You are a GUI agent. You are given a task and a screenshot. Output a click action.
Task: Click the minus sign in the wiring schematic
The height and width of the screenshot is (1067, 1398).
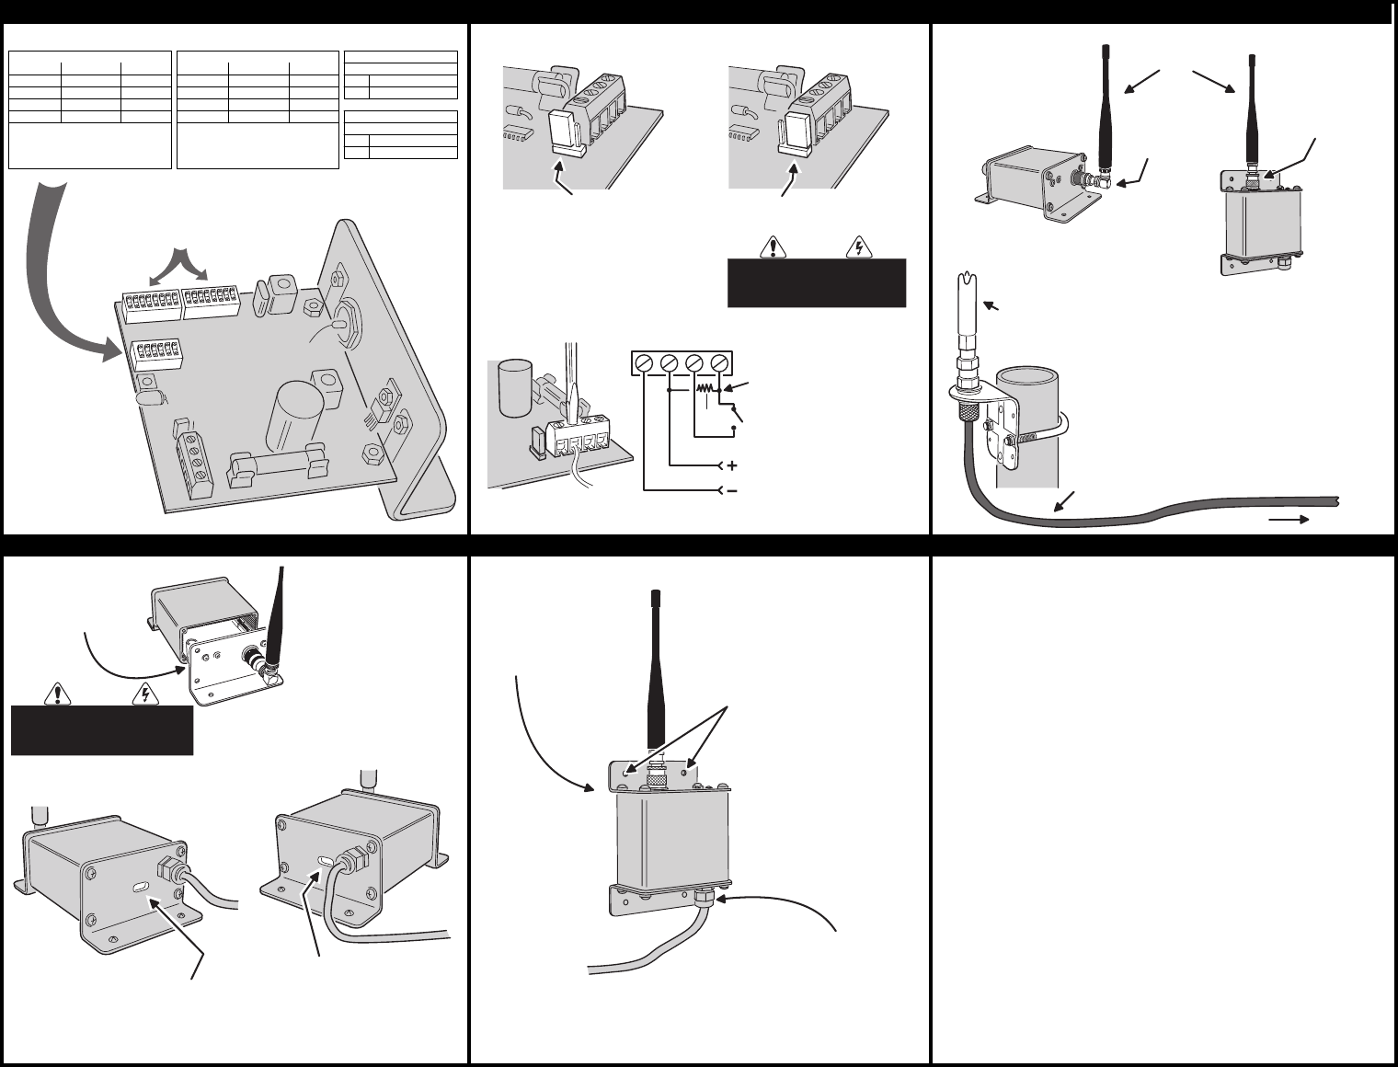732,491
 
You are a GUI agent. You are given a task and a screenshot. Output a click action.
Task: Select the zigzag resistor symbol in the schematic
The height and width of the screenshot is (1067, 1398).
706,390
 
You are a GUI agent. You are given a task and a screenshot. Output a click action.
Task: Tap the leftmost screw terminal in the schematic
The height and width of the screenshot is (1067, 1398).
646,362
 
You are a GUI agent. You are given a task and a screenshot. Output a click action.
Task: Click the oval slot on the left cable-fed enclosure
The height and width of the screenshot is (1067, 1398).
142,888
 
